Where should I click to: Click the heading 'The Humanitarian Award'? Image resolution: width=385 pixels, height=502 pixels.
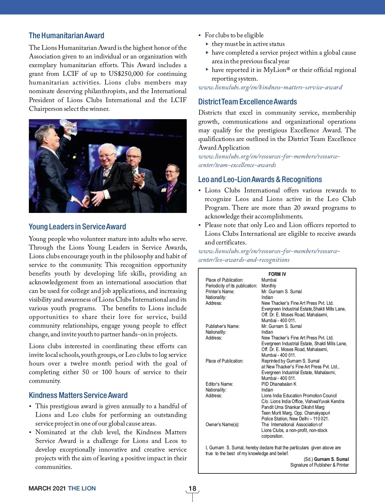66,36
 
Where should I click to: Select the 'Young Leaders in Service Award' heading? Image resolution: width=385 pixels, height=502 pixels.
77,227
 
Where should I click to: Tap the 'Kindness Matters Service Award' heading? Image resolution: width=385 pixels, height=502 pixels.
78,395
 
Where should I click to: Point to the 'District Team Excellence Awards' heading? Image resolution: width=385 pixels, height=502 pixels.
247,102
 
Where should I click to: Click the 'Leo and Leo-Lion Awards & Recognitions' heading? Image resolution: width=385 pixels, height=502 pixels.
260,180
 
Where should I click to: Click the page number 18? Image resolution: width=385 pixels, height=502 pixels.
192,489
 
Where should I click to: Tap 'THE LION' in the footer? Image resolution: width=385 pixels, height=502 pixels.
82,489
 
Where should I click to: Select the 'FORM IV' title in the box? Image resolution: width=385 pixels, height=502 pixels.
277,274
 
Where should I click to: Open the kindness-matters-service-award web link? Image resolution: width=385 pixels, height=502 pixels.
270,87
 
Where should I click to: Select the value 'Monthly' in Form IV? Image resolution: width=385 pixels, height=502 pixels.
269,286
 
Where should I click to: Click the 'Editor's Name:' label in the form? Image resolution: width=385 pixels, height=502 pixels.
219,384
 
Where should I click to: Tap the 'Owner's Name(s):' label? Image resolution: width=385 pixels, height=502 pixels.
222,425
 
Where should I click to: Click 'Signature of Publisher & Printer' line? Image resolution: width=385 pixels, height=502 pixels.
319,465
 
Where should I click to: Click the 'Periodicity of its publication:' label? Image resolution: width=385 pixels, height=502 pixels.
231,286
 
